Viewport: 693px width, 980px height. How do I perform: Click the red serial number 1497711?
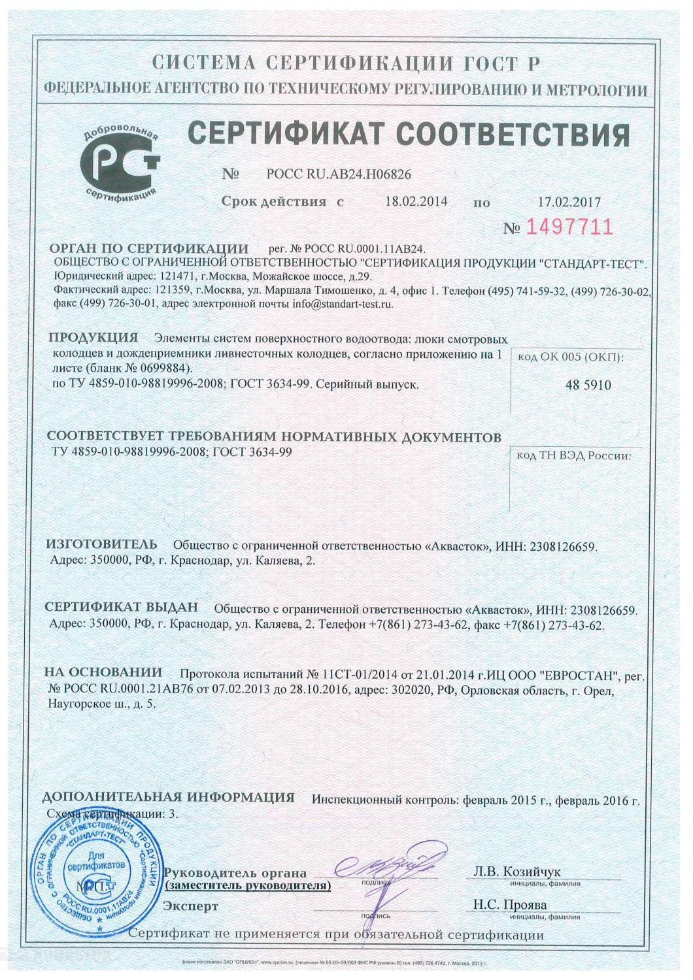point(569,227)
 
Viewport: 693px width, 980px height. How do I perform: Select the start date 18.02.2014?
point(416,201)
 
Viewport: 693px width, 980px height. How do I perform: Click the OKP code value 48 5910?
point(587,385)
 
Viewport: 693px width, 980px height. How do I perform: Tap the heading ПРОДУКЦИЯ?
point(93,338)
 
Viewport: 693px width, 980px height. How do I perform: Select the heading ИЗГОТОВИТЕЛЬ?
point(102,544)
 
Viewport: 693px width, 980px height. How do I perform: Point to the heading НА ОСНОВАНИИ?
point(103,672)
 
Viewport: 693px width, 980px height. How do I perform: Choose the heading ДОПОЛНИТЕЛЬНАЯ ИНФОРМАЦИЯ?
point(169,798)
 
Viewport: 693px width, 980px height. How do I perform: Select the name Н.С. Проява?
point(510,905)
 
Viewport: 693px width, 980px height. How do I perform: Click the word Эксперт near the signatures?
point(191,906)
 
